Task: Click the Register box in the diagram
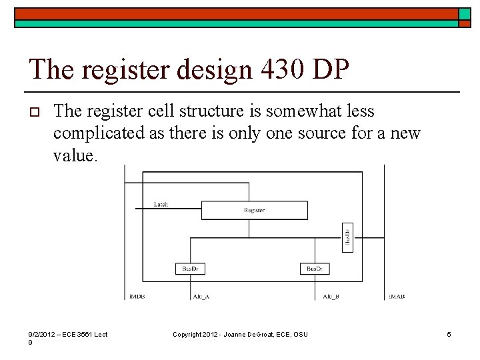[x=254, y=211]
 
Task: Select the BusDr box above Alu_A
[x=189, y=269]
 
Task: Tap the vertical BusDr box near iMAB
[x=347, y=237]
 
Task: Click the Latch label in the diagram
[x=161, y=205]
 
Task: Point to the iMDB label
[x=137, y=296]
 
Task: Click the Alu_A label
[x=201, y=296]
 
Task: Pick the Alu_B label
[x=331, y=296]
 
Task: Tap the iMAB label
[x=397, y=296]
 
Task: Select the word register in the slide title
[x=125, y=70]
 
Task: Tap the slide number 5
[x=449, y=334]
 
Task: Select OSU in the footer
[x=300, y=334]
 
